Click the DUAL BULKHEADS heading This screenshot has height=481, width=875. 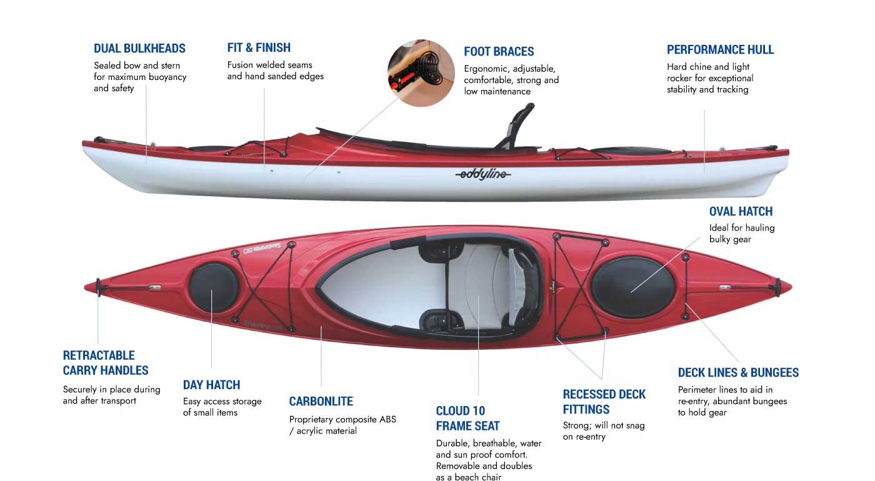tap(139, 48)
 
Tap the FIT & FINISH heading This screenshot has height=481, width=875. tap(259, 47)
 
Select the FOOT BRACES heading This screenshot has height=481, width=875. tap(499, 51)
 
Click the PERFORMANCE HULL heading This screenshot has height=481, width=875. tap(720, 49)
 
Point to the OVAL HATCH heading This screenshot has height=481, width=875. tap(741, 211)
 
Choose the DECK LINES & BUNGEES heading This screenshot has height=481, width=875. tap(738, 373)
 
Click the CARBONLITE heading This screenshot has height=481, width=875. tap(321, 401)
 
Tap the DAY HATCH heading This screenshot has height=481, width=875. tap(211, 385)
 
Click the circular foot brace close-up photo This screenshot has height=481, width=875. tap(421, 73)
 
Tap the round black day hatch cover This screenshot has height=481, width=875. tap(214, 288)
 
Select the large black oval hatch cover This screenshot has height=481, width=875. tap(633, 286)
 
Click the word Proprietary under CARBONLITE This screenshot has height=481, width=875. tap(311, 419)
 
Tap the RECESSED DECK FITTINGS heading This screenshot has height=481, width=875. tap(604, 402)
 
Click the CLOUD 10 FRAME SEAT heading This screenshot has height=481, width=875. tap(467, 419)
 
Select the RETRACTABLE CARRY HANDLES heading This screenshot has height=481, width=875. tap(106, 362)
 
